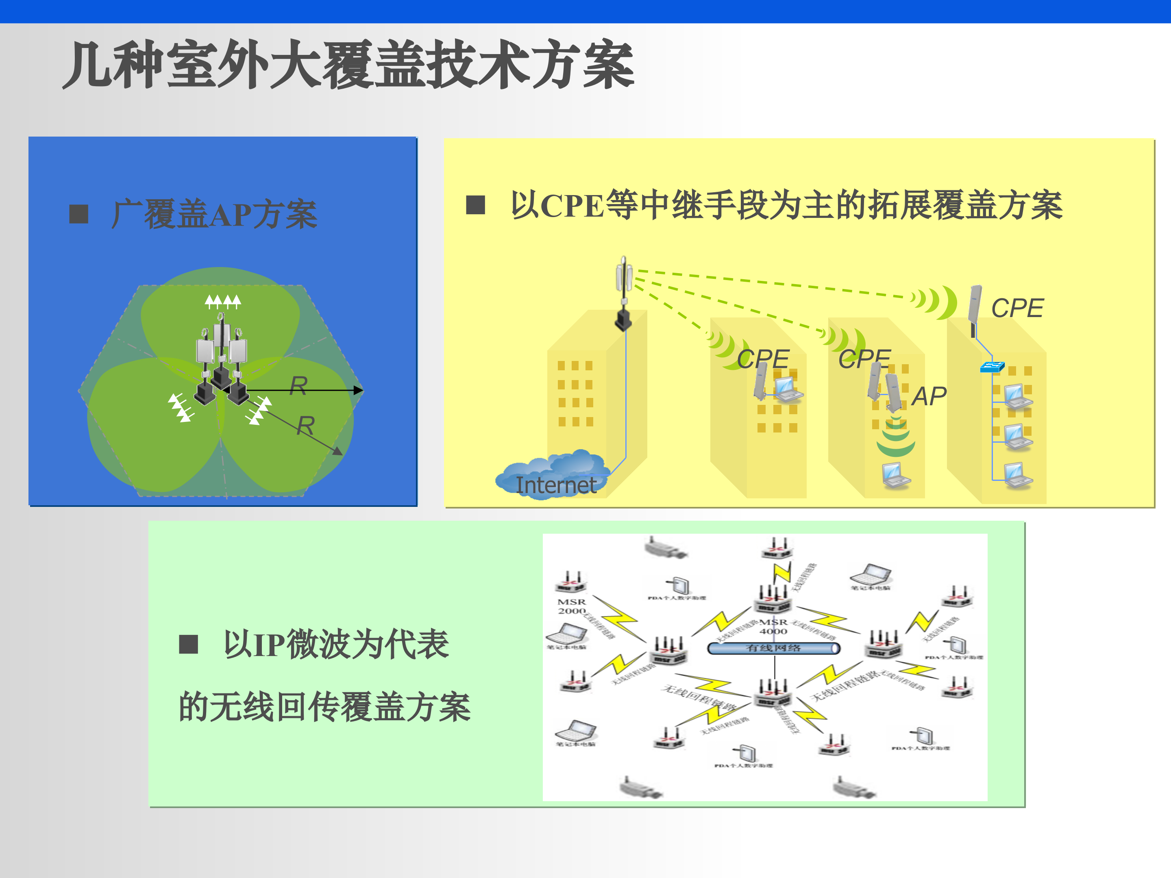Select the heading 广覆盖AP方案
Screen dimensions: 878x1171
pyautogui.click(x=214, y=214)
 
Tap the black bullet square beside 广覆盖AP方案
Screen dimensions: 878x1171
pyautogui.click(x=79, y=214)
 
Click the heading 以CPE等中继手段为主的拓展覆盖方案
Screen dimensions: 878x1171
pyautogui.click(x=786, y=205)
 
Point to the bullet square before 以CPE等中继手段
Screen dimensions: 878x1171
pyautogui.click(x=475, y=205)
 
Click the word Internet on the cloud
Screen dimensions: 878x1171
pyautogui.click(x=556, y=485)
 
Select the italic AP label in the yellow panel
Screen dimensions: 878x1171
pyautogui.click(x=929, y=396)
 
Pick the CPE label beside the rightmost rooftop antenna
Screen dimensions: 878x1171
pyautogui.click(x=1017, y=308)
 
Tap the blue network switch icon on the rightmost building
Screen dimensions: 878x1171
pyautogui.click(x=992, y=366)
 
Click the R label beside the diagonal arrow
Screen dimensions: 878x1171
pyautogui.click(x=305, y=426)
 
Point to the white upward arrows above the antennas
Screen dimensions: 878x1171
pyautogui.click(x=223, y=302)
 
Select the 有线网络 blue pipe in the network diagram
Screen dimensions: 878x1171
pyautogui.click(x=773, y=648)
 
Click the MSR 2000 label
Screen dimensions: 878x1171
pyautogui.click(x=572, y=606)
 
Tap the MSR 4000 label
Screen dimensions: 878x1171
pyautogui.click(x=773, y=627)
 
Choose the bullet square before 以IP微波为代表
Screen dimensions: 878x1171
pyautogui.click(x=189, y=644)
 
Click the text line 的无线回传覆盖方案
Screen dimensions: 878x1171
pyautogui.click(x=324, y=706)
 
